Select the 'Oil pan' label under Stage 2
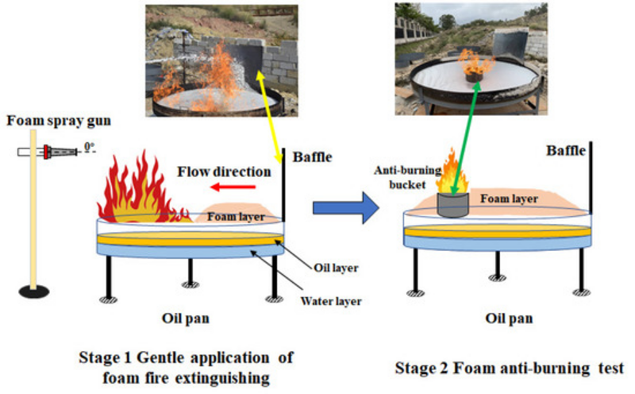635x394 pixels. [x=508, y=319]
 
